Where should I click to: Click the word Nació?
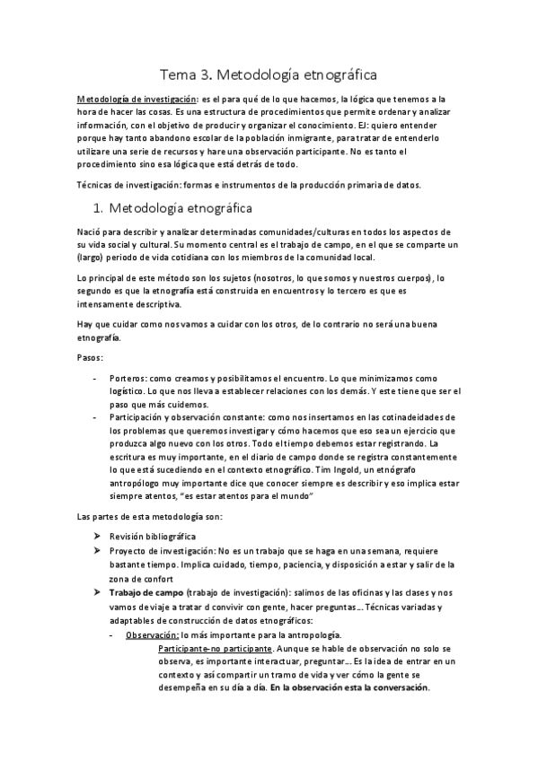[91, 232]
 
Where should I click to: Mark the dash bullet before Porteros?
[96, 378]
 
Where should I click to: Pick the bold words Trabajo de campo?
[147, 593]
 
